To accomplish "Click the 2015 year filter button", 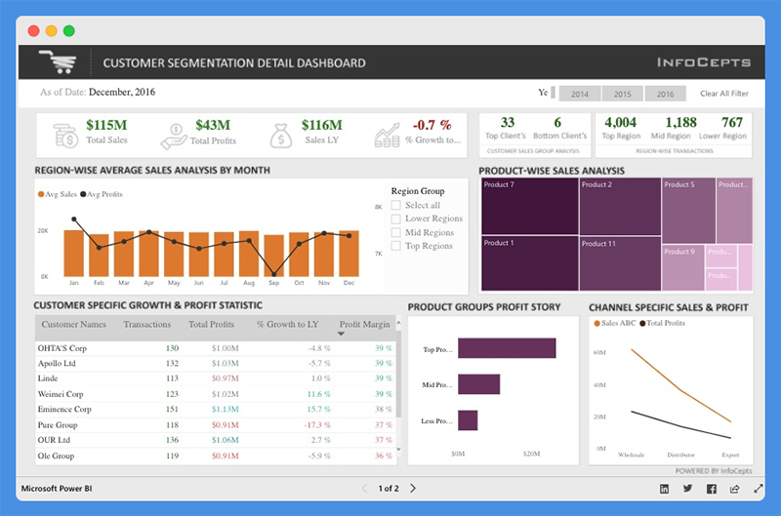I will point(622,94).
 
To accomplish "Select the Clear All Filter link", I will point(723,94).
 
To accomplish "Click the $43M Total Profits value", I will point(213,125).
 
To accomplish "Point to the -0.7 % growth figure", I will point(432,125).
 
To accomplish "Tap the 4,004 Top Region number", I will point(620,123).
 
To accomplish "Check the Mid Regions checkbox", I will point(396,233).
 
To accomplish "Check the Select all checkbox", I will point(396,206).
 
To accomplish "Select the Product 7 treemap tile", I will point(528,206).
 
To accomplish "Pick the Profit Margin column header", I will point(364,325).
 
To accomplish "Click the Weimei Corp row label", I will point(61,393).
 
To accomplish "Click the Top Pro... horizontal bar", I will point(506,348).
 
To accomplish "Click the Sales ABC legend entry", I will point(619,322).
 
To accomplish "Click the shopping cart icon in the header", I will point(57,62).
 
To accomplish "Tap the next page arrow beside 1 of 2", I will point(413,488).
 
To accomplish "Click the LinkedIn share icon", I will point(665,488).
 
